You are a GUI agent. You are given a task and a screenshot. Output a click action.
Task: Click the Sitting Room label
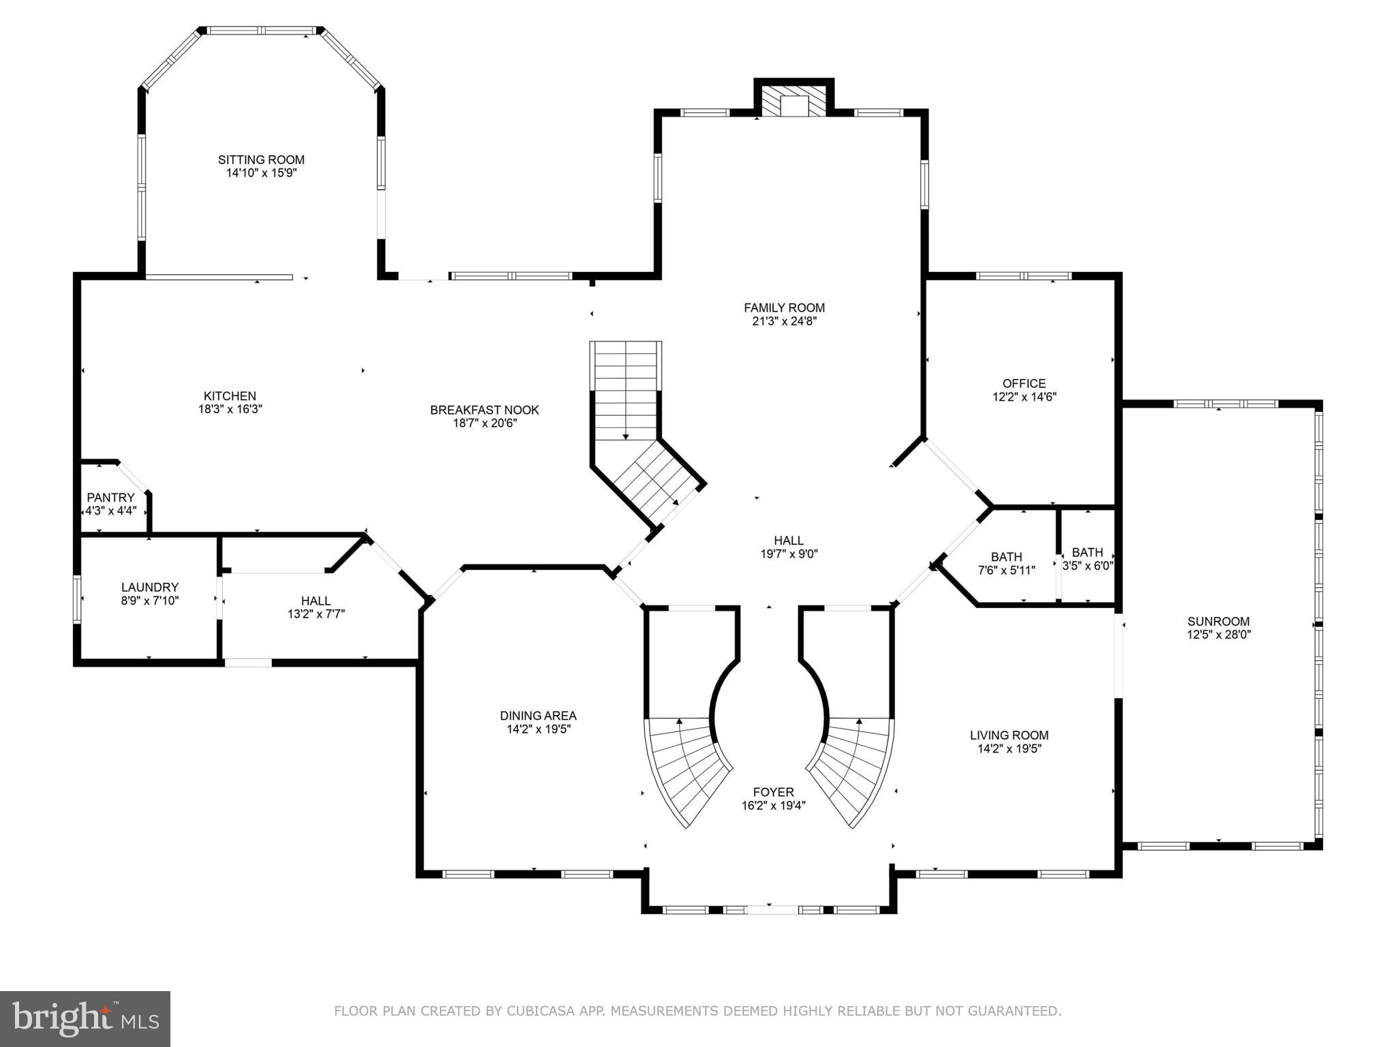click(261, 160)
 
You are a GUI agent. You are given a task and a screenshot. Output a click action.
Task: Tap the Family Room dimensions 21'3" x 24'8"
click(784, 321)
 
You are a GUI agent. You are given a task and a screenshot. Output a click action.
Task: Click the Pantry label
click(110, 498)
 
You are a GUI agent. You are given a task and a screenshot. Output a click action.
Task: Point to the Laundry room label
click(150, 587)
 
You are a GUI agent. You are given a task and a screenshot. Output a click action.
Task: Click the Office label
click(1024, 383)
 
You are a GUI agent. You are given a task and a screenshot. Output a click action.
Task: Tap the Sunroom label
click(1218, 621)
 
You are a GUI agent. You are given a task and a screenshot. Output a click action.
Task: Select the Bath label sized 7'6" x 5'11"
click(1007, 557)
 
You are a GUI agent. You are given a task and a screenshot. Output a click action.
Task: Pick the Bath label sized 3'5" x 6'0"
click(1087, 552)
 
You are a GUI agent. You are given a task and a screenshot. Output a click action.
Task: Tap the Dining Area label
click(538, 716)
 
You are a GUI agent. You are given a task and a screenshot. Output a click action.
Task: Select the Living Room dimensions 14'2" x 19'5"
click(1009, 748)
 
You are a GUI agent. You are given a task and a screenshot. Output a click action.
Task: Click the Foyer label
click(773, 792)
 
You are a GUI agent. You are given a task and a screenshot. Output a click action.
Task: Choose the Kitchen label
click(230, 396)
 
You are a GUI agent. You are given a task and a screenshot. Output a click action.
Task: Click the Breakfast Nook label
click(484, 410)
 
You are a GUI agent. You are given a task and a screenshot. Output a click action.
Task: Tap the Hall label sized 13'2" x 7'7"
click(316, 601)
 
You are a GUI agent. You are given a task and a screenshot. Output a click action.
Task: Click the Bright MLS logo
click(85, 1018)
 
